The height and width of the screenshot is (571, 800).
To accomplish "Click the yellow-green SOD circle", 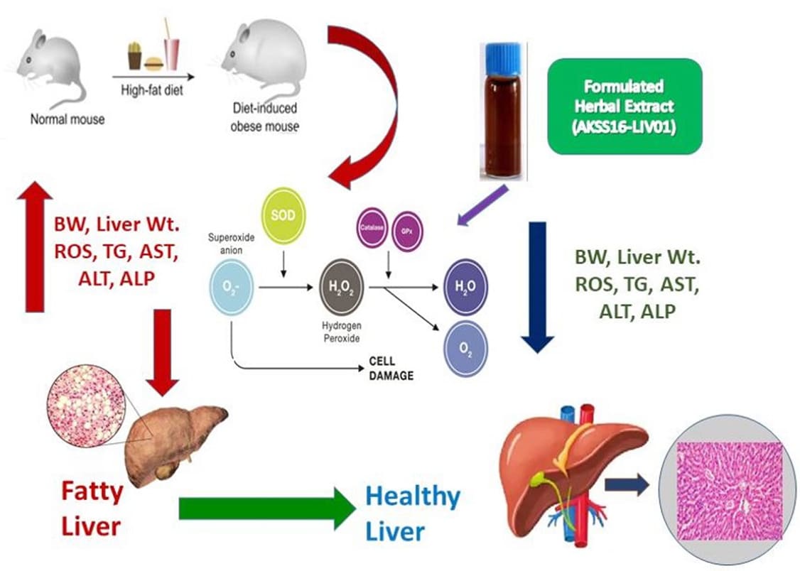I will click(283, 215).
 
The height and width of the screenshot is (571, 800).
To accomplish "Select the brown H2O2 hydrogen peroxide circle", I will click(343, 287).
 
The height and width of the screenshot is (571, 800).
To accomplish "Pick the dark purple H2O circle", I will click(465, 288).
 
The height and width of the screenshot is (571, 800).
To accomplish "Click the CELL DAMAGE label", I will click(390, 368).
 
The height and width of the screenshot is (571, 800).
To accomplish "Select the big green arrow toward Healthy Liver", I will click(266, 508).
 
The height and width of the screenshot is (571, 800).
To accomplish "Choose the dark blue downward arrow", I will click(538, 287).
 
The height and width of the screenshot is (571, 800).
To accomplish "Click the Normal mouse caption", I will click(67, 119).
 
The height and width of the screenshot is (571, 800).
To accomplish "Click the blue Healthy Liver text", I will click(413, 513).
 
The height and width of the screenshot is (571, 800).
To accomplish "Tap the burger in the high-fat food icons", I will click(154, 64).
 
